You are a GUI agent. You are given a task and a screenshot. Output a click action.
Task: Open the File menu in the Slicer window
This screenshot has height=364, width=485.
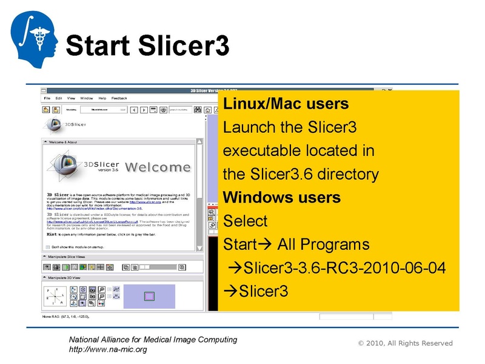click(x=45, y=98)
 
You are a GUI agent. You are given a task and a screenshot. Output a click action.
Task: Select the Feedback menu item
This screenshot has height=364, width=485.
click(x=119, y=98)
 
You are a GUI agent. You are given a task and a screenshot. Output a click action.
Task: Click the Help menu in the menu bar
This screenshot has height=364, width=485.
click(x=102, y=98)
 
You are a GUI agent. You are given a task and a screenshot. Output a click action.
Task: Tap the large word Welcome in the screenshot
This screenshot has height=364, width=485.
click(x=158, y=167)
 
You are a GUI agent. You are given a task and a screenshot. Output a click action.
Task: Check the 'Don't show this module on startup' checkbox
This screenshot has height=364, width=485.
click(x=48, y=247)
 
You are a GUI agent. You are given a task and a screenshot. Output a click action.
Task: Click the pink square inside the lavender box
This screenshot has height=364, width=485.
click(x=149, y=296)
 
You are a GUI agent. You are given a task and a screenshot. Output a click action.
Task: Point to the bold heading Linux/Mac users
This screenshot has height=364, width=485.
click(x=286, y=104)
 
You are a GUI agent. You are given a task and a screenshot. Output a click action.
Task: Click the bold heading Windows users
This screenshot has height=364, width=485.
click(x=282, y=197)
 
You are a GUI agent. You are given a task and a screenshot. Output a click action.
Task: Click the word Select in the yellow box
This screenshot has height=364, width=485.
click(x=245, y=220)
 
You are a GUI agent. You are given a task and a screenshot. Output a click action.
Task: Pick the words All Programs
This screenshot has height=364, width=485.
click(x=323, y=244)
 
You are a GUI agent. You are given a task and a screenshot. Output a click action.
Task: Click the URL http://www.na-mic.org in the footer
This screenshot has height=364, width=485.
click(x=107, y=349)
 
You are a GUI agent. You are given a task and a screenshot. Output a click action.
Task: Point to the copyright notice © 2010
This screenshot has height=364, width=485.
click(x=405, y=343)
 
